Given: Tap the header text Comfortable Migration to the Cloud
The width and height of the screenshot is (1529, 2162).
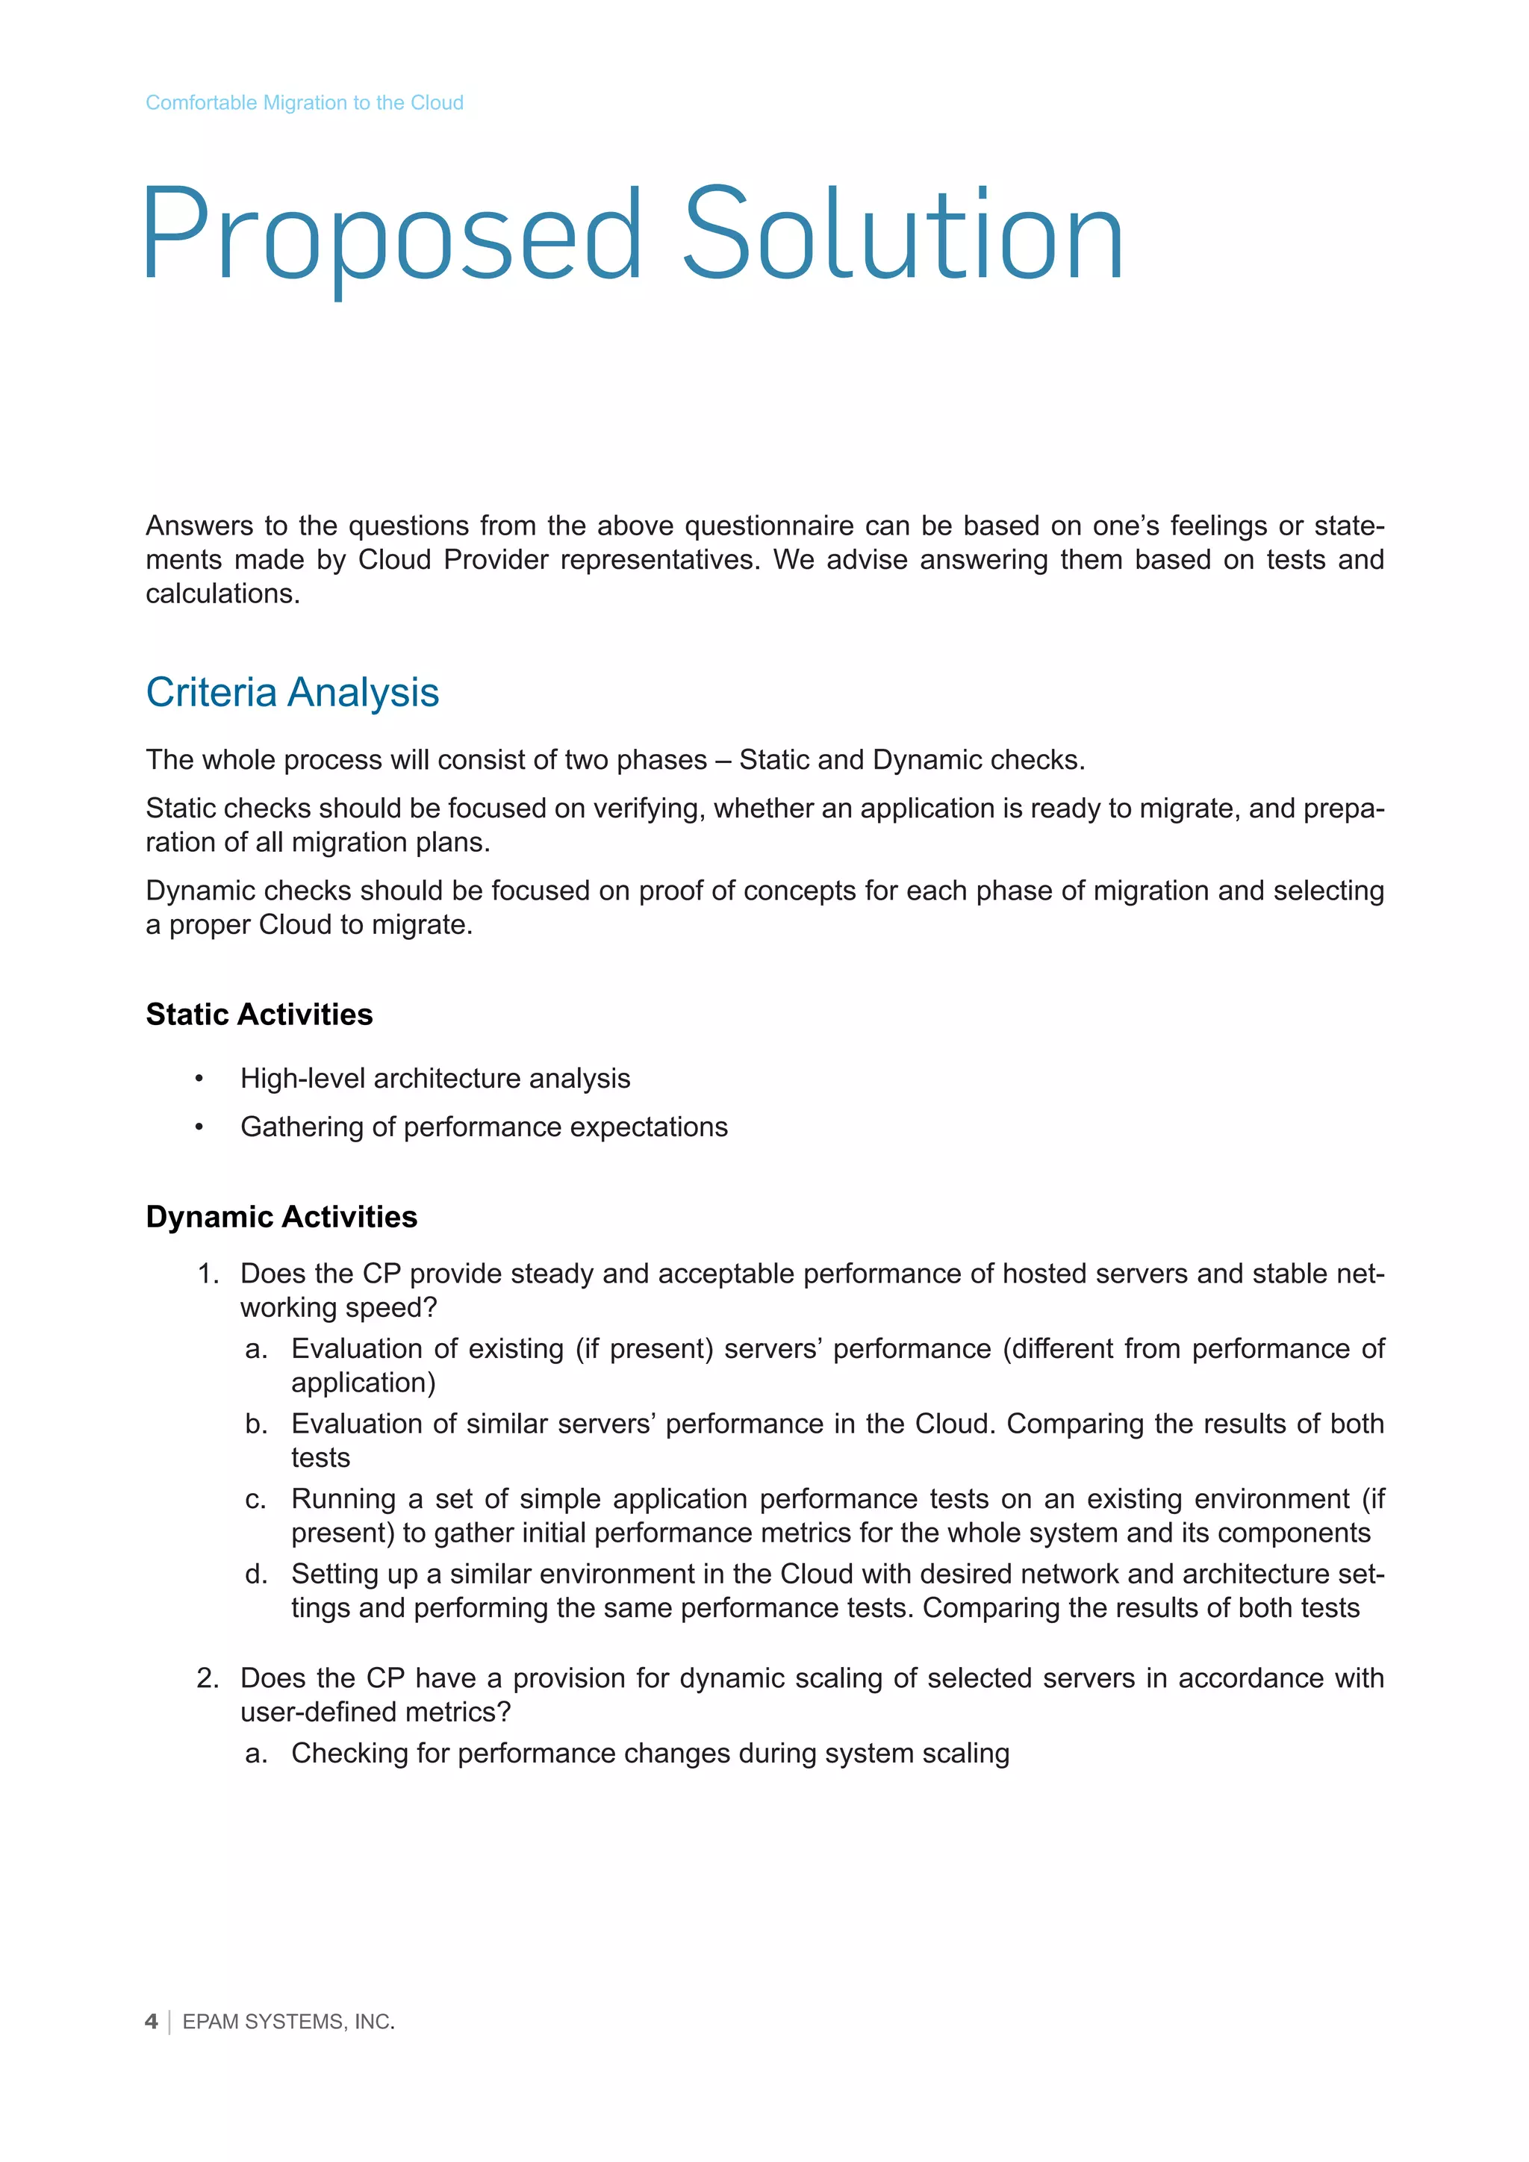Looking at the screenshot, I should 304,102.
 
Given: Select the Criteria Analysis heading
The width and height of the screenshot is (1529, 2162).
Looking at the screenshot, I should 292,692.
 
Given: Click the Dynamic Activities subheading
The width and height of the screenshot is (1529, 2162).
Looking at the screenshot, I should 281,1217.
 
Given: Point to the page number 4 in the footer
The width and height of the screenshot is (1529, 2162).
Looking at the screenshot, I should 152,2022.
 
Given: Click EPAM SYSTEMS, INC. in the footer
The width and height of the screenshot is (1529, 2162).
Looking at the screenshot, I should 288,2022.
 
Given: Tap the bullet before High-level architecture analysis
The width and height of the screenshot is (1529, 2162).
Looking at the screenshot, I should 199,1079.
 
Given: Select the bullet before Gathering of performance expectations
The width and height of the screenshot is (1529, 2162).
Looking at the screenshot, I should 199,1127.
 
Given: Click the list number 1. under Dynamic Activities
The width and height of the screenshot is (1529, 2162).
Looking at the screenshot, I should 208,1274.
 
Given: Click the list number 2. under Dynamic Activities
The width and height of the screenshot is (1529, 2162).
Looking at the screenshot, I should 208,1678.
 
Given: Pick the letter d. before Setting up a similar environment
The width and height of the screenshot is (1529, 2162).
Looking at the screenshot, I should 256,1574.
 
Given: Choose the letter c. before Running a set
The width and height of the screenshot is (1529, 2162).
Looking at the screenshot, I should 256,1498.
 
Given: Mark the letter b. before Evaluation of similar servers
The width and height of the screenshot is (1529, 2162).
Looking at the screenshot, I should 256,1424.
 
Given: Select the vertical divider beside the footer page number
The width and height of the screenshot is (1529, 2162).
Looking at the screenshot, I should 169,2022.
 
